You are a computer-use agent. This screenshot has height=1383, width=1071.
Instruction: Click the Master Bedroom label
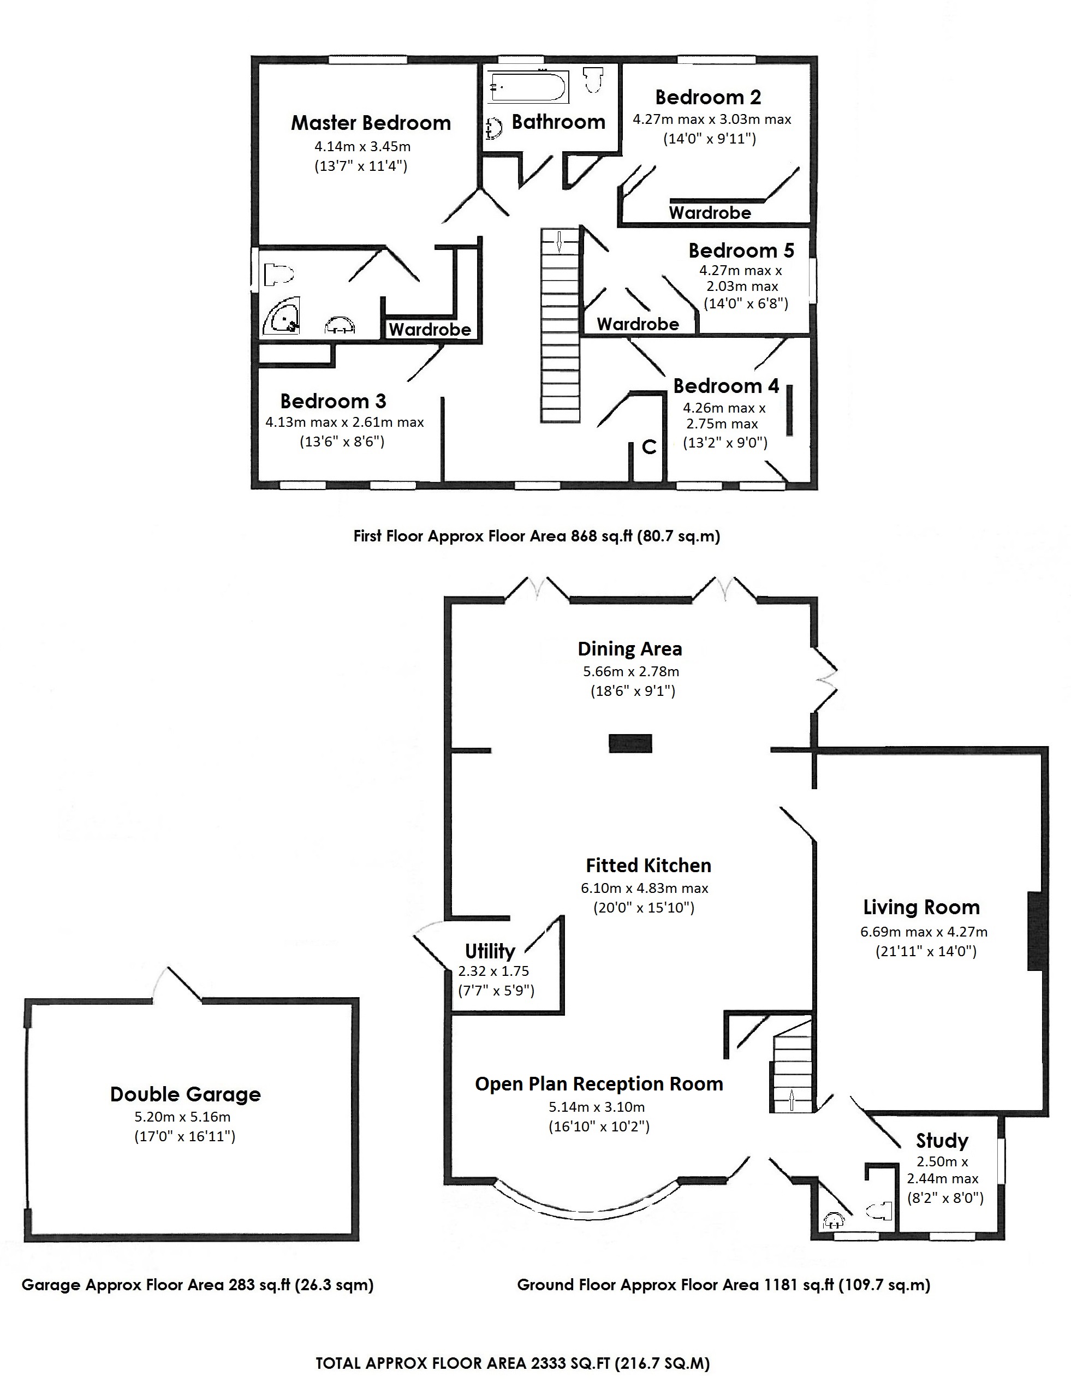[371, 123]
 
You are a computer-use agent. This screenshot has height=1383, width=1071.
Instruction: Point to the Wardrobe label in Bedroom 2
[709, 213]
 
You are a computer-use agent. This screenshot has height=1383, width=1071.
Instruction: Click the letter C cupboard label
[648, 448]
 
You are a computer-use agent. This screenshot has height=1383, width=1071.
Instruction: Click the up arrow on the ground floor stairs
[792, 1100]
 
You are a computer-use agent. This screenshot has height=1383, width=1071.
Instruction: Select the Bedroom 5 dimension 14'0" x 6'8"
[746, 303]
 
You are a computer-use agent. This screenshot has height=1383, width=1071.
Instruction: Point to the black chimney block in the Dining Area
[630, 743]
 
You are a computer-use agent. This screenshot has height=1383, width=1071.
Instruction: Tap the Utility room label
[490, 951]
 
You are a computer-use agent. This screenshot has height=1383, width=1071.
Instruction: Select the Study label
[942, 1141]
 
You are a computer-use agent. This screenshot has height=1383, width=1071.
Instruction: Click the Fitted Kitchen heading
[648, 865]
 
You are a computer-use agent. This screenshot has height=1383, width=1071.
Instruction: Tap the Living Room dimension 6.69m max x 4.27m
[924, 932]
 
